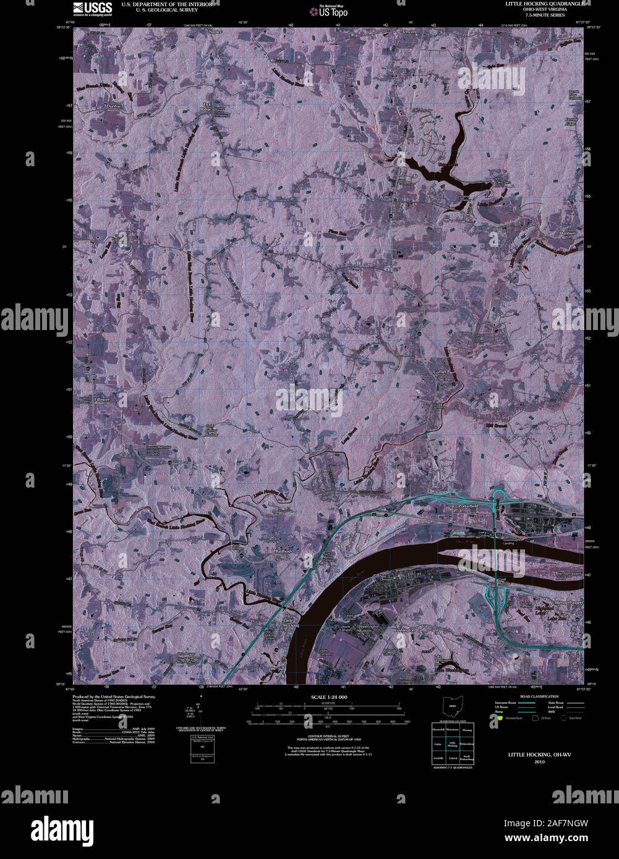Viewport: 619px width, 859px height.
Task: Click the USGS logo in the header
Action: coord(92,8)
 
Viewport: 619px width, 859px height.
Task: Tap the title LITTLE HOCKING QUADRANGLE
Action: coord(542,4)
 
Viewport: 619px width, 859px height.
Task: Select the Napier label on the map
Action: coord(215,31)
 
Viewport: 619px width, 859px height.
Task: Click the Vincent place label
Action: coord(409,31)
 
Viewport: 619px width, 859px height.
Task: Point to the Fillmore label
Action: coord(101,400)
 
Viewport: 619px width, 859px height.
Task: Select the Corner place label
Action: coord(440,372)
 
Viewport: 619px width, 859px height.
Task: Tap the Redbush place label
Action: coord(287,549)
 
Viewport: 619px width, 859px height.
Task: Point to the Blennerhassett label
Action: coord(569,601)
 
